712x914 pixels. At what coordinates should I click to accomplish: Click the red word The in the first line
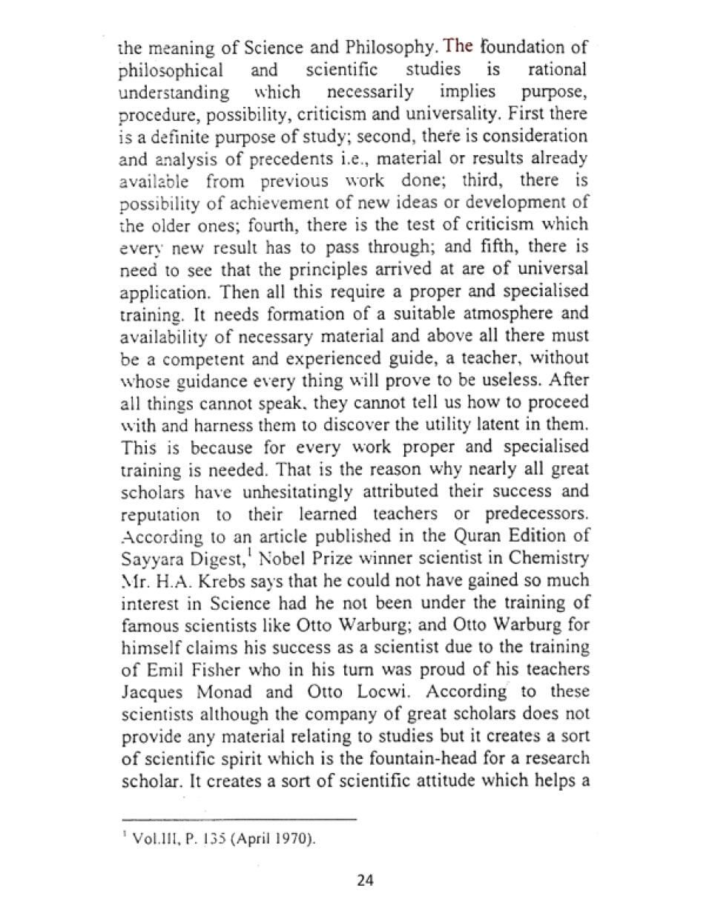458,47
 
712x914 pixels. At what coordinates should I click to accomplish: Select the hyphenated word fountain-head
458,758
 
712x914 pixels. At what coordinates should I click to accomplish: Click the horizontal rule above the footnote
238,819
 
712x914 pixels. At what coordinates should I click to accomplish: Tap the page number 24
365,881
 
